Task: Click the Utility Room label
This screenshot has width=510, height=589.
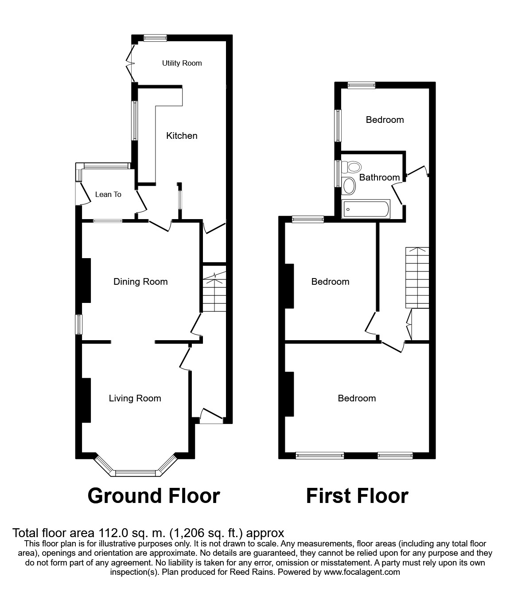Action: (182, 63)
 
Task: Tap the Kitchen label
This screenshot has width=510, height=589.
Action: (182, 136)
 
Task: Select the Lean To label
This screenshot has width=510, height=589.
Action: (108, 194)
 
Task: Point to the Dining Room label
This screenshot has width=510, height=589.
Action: (140, 282)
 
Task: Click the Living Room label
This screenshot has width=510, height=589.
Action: (135, 398)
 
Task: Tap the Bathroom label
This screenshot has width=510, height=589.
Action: (379, 177)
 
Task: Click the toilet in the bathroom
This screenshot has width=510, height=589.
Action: (353, 167)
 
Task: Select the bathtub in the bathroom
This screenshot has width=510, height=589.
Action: (366, 208)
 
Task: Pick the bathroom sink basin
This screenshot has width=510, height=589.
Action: (350, 186)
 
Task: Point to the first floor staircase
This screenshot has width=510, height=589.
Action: (417, 278)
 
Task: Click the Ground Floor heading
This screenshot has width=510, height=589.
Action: (154, 495)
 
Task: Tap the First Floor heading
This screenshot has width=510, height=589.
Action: (357, 495)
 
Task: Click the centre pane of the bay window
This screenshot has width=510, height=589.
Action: (135, 473)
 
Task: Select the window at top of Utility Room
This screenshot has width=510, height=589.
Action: (155, 38)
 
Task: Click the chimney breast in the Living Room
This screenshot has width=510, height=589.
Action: (86, 400)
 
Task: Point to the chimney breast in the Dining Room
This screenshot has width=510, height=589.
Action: (86, 280)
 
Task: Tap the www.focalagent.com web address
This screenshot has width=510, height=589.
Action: (362, 572)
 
